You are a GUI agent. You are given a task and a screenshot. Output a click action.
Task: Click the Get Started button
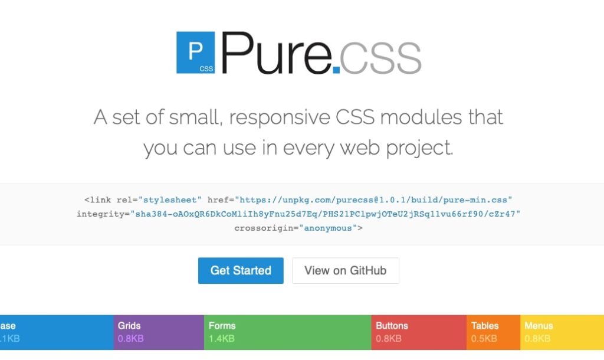point(241,271)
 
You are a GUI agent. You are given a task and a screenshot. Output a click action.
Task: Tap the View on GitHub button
point(345,271)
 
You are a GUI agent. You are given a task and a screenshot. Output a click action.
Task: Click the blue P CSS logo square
point(195,53)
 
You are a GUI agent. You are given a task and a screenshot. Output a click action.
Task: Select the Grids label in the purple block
point(129,326)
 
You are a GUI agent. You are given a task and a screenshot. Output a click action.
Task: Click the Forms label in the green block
point(222,326)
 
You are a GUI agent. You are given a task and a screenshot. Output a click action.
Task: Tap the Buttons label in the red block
point(392,326)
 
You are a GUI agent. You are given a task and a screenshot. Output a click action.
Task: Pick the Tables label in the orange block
point(485,326)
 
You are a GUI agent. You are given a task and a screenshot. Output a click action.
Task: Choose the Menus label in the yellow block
point(539,326)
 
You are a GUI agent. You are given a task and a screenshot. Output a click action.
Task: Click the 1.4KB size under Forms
point(221,339)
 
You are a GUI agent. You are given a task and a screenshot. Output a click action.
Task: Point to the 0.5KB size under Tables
point(484,339)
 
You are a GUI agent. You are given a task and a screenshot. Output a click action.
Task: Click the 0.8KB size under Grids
point(130,339)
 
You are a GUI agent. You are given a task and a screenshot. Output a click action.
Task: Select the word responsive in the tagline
point(283,117)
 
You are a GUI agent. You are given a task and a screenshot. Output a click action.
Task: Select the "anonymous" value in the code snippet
point(328,228)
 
